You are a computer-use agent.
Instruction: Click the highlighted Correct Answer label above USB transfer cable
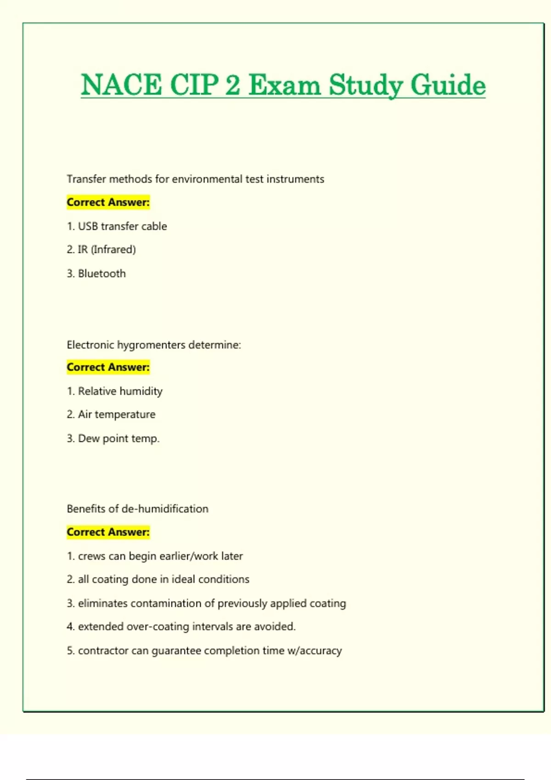tap(108, 202)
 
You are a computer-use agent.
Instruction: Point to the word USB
tap(88, 226)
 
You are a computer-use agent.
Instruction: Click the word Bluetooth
tap(102, 273)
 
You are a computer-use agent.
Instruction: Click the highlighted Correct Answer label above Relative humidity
tap(108, 367)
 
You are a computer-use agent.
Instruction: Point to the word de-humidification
tap(165, 508)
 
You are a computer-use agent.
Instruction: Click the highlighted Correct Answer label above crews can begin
tap(108, 532)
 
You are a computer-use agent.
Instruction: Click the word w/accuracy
tap(315, 651)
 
